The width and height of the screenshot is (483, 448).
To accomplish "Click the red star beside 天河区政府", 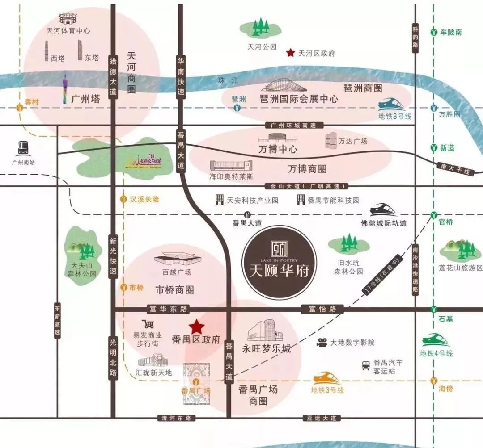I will [291, 53].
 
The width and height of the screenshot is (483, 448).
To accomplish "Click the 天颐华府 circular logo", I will [279, 262].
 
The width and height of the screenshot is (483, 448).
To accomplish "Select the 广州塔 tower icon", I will [65, 89].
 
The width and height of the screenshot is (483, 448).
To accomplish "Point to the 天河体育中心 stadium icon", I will [68, 19].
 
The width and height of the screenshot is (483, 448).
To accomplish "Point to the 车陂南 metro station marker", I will [433, 32].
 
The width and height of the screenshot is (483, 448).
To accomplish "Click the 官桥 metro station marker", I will [433, 216].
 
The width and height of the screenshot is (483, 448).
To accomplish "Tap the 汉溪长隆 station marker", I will [123, 200].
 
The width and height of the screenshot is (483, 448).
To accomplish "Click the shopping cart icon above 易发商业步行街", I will [148, 324].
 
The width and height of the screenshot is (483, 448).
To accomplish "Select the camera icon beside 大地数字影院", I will [322, 343].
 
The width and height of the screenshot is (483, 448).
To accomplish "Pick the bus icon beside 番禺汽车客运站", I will [366, 365].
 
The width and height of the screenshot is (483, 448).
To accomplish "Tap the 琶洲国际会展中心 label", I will [299, 99].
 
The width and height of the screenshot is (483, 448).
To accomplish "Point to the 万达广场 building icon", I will [330, 140].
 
